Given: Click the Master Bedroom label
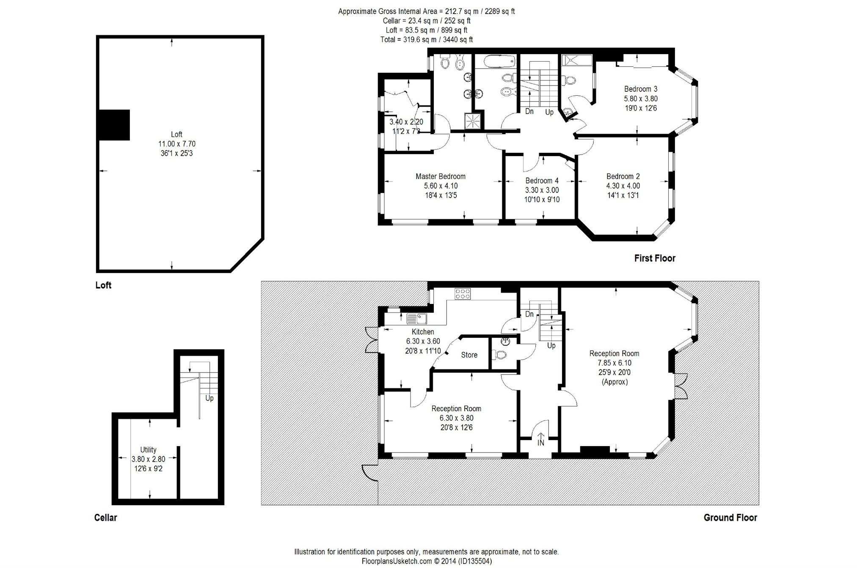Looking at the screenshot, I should coord(440,176).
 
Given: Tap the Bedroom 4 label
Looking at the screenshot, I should coord(542,181).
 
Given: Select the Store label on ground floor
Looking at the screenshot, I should coord(469,355).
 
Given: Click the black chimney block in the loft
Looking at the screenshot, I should coord(113,125).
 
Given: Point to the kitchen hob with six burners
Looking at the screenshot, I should coord(463,294).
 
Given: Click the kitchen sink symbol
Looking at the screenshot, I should coord(416,318).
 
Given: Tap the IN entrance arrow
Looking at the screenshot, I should coord(540,440).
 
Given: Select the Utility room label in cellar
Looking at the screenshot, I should coord(148,450).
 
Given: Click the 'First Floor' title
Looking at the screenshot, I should coord(654,258).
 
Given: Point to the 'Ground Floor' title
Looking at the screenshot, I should coord(730,518).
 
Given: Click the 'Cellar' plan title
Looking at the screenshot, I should coord(105,518).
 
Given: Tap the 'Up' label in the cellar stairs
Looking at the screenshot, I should coord(209,398).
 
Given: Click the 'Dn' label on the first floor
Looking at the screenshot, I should coord(529,111).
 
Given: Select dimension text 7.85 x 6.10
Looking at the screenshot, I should coord(614,363).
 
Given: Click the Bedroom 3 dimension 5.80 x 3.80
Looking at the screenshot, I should coord(640,99).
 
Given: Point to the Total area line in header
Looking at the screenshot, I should coord(426,39).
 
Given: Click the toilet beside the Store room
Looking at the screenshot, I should coord(501,355).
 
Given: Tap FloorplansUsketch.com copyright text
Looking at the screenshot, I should coord(426,561).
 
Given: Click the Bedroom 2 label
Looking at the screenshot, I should coord(623,176).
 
